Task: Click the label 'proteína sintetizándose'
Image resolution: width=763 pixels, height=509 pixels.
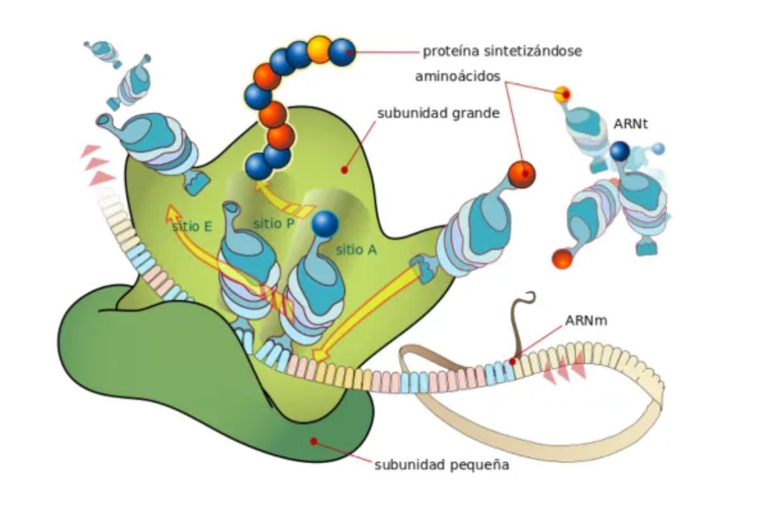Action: (502, 51)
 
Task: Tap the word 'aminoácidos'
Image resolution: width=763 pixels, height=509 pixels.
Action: (457, 76)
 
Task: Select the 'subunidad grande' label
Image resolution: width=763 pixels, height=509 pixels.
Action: (438, 115)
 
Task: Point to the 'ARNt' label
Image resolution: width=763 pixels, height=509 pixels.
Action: (631, 124)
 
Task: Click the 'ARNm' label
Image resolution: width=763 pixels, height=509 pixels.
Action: (586, 320)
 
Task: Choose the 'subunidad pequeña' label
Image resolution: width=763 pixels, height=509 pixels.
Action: (442, 464)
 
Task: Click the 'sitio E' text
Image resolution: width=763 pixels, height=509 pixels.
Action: (191, 226)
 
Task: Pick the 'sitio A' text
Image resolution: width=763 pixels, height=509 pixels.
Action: (357, 250)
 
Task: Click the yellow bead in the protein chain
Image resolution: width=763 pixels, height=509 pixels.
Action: (319, 50)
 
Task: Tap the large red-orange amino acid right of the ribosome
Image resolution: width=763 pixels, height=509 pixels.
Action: (521, 173)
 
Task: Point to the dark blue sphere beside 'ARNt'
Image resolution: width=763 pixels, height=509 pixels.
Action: (619, 151)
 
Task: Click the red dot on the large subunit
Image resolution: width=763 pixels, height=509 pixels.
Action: (344, 170)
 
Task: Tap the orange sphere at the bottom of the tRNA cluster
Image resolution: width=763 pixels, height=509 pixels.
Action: (562, 259)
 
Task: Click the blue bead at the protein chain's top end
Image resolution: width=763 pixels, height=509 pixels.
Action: (342, 50)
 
